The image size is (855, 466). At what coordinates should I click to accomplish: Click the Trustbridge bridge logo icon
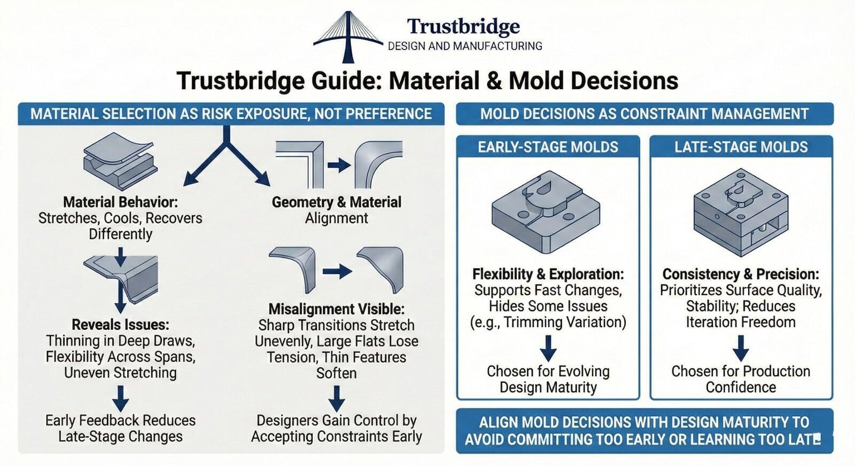[x=348, y=37]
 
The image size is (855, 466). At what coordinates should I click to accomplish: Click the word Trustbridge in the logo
[x=463, y=27]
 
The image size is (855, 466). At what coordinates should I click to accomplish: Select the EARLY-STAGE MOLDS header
[x=548, y=147]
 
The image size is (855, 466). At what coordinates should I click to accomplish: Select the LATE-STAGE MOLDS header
[x=741, y=147]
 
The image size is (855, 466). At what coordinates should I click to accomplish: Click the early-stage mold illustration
[x=546, y=212]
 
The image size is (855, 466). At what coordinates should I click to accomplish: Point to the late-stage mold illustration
[x=741, y=212]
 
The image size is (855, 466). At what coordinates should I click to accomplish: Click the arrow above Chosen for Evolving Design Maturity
[x=548, y=348]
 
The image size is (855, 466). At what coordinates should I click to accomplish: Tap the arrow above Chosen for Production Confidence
[x=741, y=348]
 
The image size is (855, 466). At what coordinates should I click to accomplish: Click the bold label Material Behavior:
[x=121, y=202]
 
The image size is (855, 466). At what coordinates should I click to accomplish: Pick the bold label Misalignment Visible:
[x=336, y=309]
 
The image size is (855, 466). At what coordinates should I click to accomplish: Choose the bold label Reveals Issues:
[x=121, y=325]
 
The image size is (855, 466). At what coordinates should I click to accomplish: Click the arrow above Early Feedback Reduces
[x=121, y=398]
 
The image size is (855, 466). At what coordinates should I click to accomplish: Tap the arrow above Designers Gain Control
[x=336, y=398]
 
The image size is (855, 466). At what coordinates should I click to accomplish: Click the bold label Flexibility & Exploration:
[x=548, y=274]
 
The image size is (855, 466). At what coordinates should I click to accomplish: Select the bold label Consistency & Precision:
[x=741, y=274]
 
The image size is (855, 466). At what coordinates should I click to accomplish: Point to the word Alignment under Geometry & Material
[x=336, y=218]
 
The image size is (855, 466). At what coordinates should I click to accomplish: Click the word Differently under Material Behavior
[x=121, y=234]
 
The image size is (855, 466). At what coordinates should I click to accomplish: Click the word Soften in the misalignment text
[x=336, y=373]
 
